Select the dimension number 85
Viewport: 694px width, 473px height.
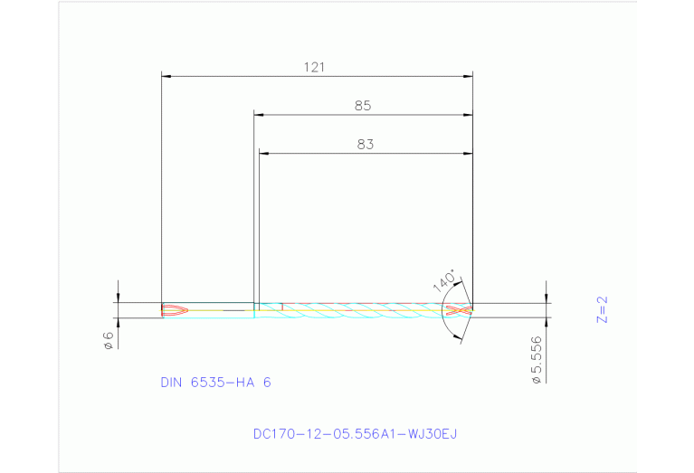pos(363,106)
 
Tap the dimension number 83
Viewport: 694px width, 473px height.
pos(365,144)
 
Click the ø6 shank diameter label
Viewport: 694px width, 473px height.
pos(108,340)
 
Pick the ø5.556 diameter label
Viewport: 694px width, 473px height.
pos(537,362)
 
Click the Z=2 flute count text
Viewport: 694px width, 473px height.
pos(604,309)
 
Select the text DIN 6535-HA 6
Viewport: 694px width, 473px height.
pos(215,383)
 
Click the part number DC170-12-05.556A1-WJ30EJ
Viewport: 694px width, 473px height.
pos(355,434)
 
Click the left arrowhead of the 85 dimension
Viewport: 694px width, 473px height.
pos(258,115)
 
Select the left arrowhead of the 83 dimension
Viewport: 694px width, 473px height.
pos(263,153)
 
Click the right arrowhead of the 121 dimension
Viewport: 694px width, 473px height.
pos(469,76)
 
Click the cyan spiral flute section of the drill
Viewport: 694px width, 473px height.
pos(362,310)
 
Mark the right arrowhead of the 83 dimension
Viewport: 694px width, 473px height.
pos(469,153)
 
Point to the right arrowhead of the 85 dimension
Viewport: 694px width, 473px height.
pos(469,115)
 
